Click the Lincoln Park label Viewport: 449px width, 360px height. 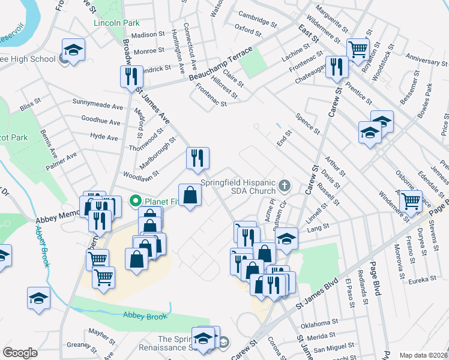click(116, 23)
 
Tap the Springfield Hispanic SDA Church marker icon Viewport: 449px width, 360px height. click(285, 186)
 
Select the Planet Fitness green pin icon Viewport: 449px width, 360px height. click(136, 200)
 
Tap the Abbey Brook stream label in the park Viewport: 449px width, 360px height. click(142, 314)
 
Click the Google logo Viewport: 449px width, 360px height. click(20, 353)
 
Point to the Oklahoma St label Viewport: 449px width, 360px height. click(318, 324)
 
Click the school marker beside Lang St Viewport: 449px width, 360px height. click(287, 238)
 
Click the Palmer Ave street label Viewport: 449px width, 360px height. click(63, 159)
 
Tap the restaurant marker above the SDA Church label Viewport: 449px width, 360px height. click(197, 158)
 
